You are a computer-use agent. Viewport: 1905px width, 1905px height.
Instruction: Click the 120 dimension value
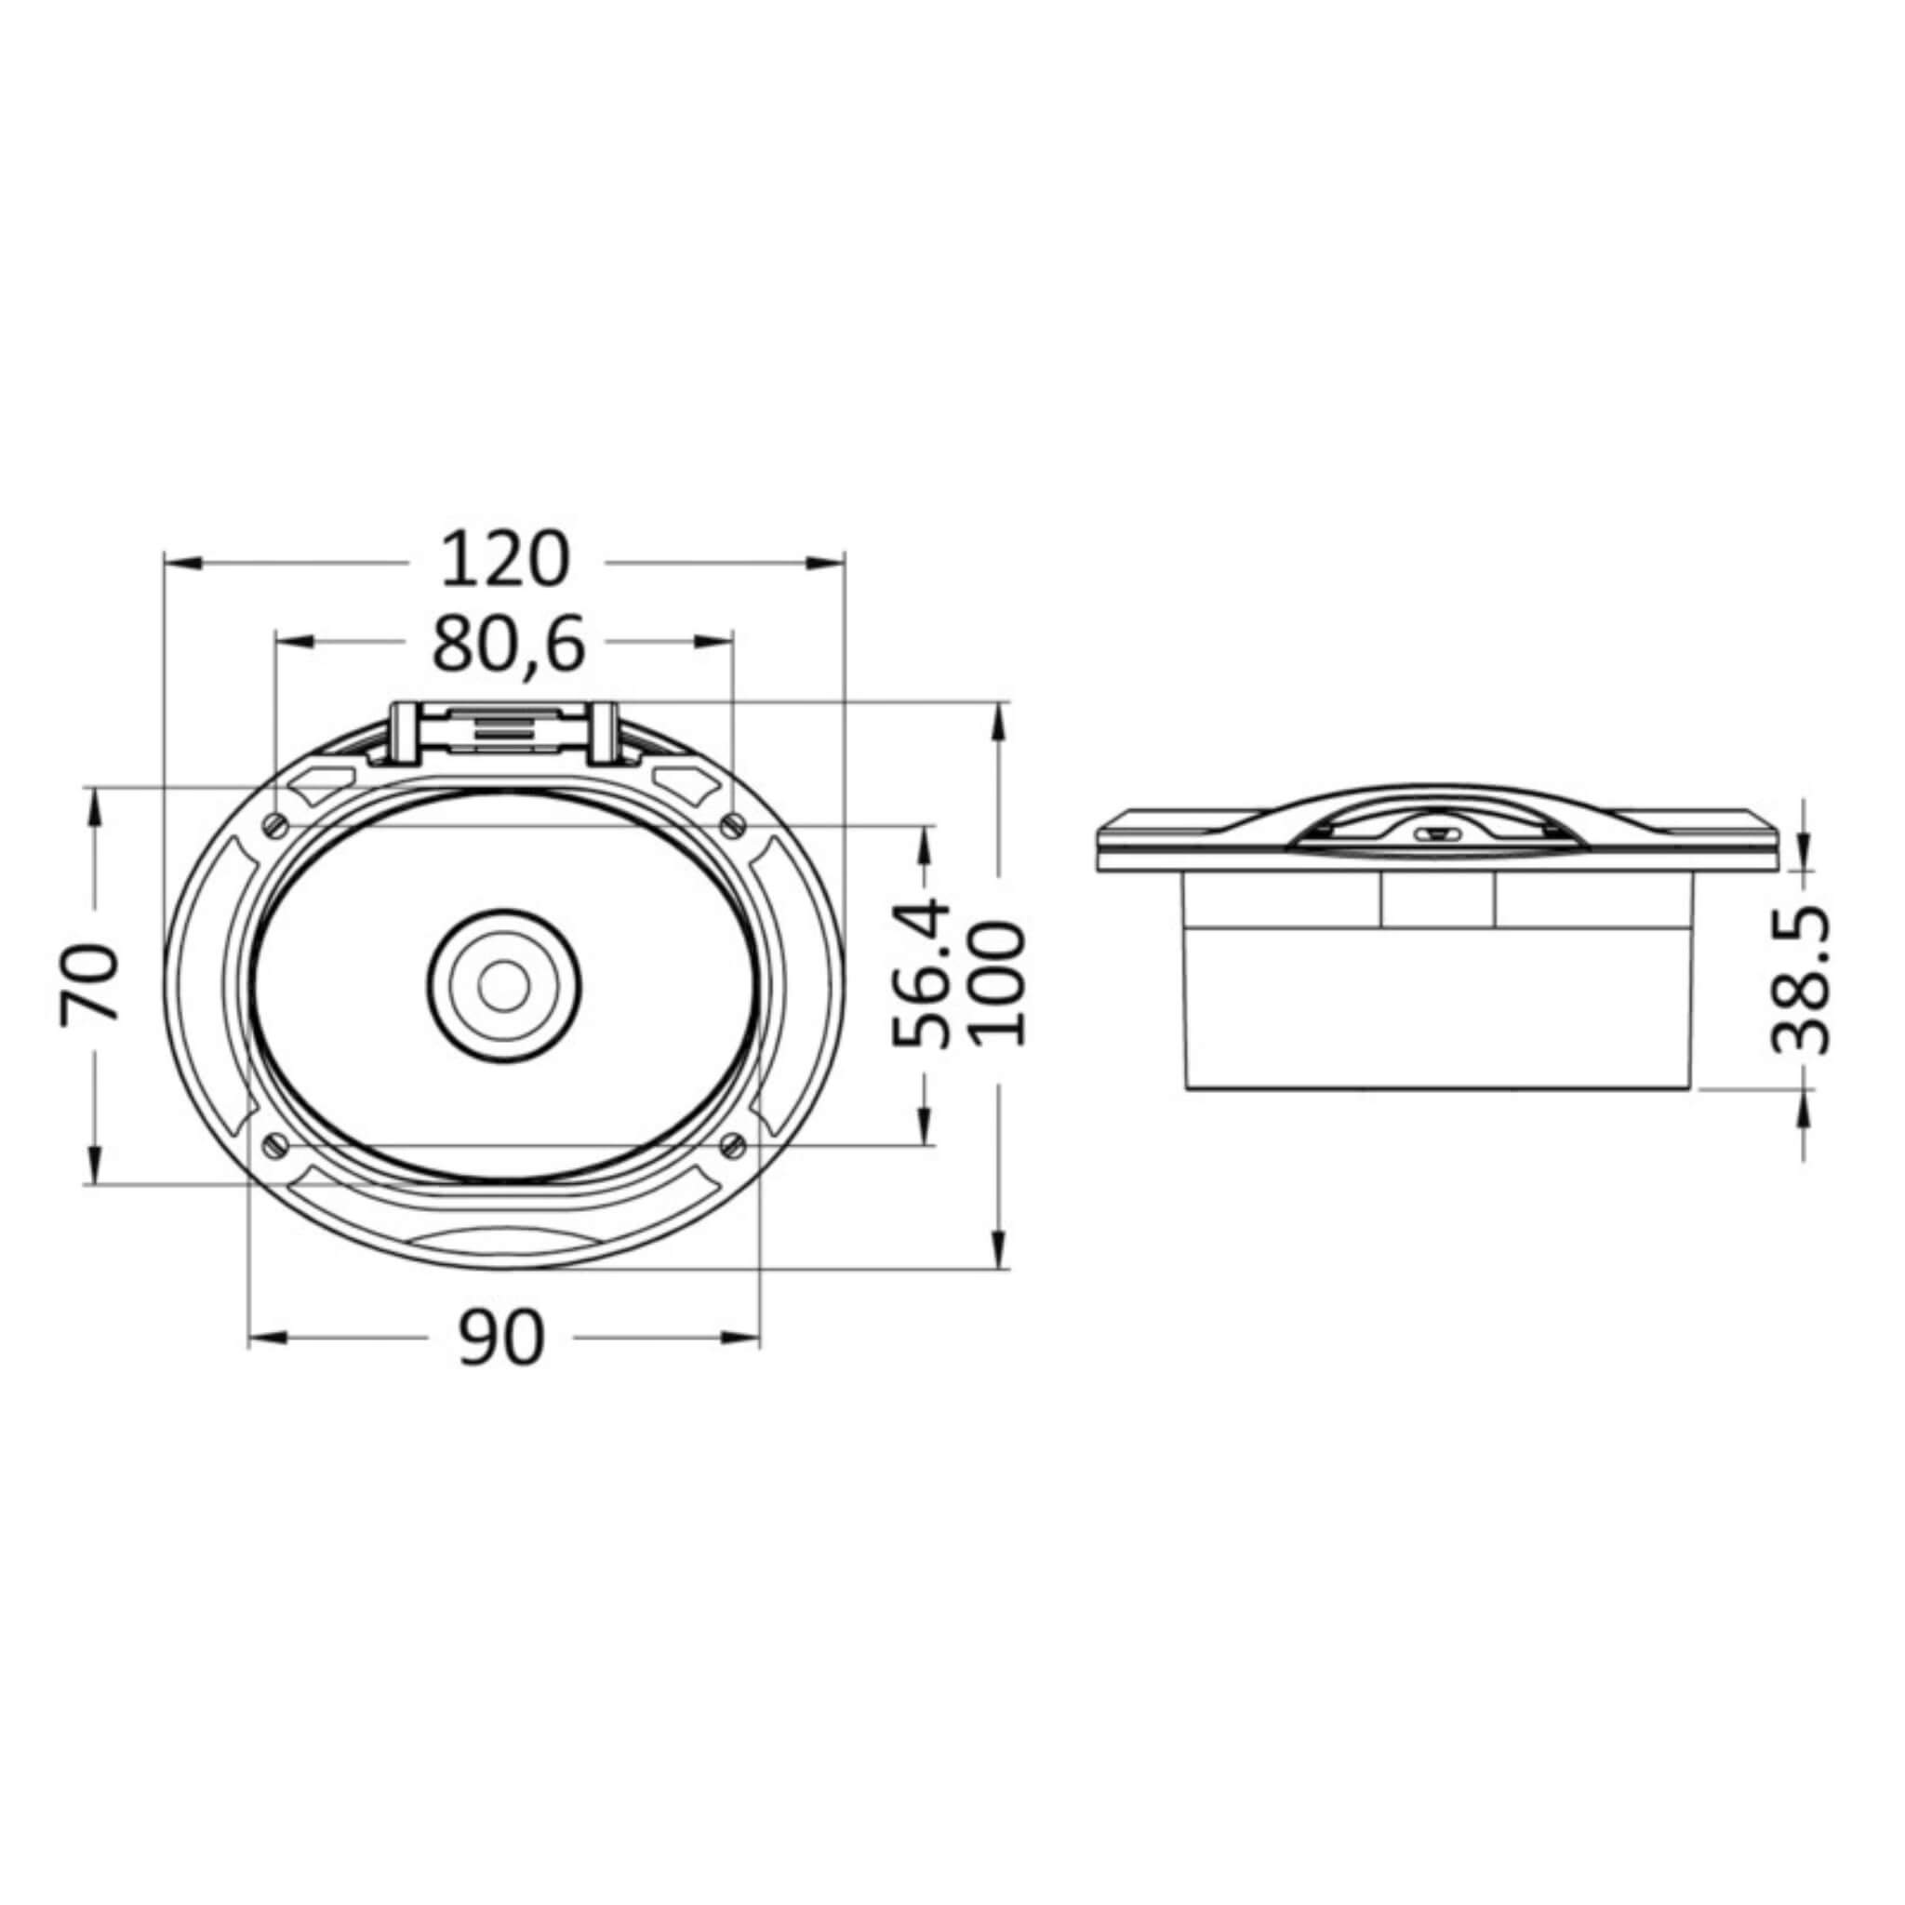[505, 559]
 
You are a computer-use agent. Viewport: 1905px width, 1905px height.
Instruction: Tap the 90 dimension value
[502, 1338]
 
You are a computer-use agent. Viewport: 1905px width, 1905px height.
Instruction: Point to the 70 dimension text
[91, 983]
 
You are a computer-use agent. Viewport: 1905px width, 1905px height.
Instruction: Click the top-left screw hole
[277, 824]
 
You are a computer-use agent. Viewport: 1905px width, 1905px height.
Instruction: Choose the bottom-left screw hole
[277, 1144]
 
